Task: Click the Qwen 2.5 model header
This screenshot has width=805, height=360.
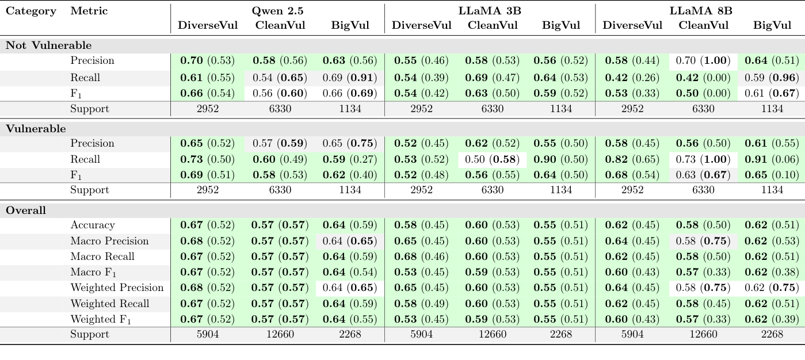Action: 278,11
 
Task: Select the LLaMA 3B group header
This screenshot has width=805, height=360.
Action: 490,11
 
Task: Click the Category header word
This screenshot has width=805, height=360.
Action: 31,11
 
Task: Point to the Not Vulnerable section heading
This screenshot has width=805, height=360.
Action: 48,45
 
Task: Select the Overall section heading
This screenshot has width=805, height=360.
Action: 26,210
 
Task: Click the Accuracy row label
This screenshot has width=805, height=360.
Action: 93,225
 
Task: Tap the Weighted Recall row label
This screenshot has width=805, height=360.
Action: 110,304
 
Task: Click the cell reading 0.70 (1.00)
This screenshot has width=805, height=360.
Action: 703,60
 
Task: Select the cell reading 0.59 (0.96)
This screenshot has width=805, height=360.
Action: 772,77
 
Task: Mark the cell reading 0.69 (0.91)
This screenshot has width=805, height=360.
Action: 350,77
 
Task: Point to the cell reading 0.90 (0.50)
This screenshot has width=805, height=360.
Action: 561,159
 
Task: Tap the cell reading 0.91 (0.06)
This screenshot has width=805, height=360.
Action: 772,159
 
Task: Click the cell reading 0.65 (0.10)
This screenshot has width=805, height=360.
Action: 772,175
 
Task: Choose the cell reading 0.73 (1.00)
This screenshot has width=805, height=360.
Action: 703,159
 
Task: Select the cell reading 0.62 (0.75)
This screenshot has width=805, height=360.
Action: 772,288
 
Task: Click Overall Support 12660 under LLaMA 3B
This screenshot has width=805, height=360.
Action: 493,334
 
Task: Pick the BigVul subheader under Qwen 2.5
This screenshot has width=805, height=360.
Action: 350,25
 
